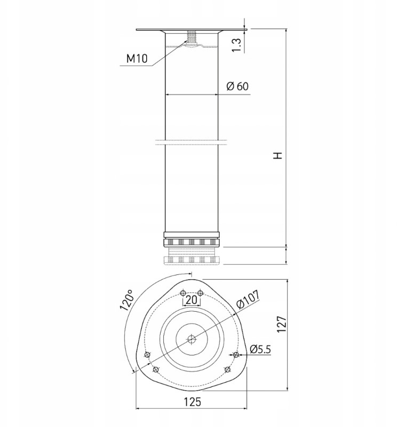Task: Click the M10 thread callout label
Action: [x=137, y=58]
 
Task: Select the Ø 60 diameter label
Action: [x=237, y=86]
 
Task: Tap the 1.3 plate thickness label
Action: [x=236, y=45]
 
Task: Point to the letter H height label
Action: [x=278, y=156]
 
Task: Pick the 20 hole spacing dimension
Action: [x=192, y=300]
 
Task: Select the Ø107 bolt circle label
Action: [x=248, y=299]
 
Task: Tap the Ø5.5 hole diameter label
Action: [x=260, y=349]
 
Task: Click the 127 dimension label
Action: [x=282, y=324]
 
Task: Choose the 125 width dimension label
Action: [x=192, y=402]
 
